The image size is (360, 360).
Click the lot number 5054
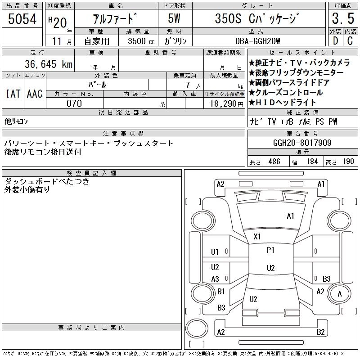[22, 19]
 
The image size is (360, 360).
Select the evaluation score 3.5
[342, 19]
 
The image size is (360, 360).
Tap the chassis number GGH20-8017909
[302, 143]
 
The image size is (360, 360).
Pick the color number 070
[74, 103]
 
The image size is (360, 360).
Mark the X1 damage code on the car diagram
[257, 236]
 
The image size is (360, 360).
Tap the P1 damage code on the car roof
[270, 250]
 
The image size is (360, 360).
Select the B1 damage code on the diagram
[221, 292]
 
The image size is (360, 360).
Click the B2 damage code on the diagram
[320, 332]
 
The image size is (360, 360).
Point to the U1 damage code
[215, 252]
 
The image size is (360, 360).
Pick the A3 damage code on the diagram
[215, 279]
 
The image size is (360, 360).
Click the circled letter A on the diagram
[340, 294]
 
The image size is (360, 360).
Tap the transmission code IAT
[13, 94]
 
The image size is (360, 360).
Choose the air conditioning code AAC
[35, 94]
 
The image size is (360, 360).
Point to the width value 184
[312, 162]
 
